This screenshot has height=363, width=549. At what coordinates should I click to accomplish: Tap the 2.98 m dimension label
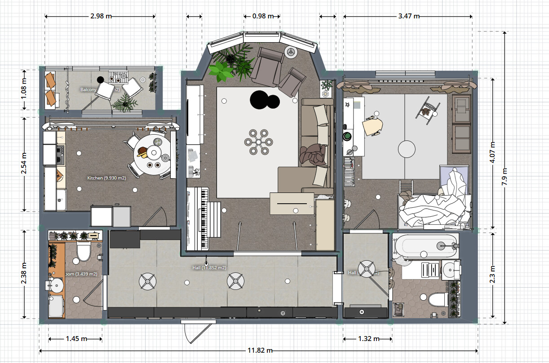click(x=101, y=16)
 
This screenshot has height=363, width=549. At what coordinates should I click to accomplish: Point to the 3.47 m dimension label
click(x=409, y=16)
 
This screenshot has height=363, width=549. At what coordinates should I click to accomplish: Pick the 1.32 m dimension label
click(x=368, y=339)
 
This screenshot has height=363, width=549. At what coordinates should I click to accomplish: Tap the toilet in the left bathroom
click(x=84, y=251)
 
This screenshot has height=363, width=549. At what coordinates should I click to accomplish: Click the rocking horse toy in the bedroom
click(x=427, y=109)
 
